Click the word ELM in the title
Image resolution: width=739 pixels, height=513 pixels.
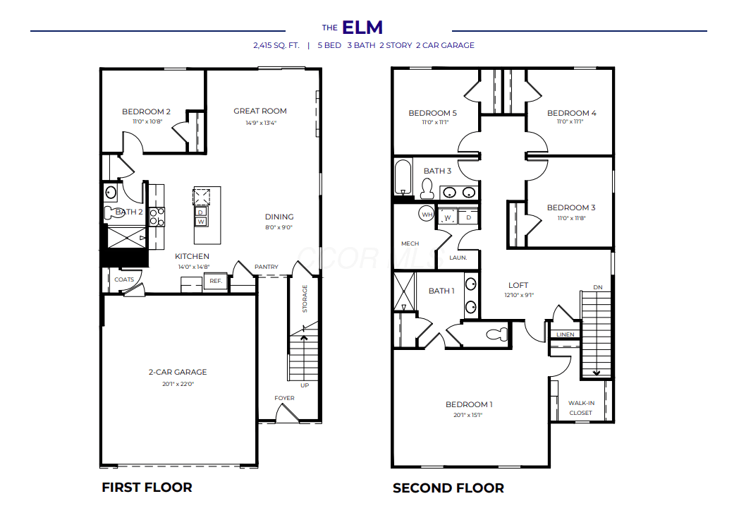coord(362,28)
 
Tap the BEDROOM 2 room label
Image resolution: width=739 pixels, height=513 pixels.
coord(146,111)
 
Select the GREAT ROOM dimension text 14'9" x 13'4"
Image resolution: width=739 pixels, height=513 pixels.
coord(261,123)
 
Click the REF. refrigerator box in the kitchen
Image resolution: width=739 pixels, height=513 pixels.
coord(215,281)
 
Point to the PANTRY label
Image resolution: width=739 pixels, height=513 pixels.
coord(267,267)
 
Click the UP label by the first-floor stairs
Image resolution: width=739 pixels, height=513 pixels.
coord(305,385)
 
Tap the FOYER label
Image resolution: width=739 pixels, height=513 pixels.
coord(284,398)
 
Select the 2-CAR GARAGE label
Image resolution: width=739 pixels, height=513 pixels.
coord(178,372)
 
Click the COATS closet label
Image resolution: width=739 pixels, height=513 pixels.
coord(124,279)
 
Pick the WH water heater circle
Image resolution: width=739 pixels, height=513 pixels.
coord(427,214)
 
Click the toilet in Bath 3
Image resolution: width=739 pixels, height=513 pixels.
coord(427,188)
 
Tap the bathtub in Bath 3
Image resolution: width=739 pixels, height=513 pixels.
coord(403,177)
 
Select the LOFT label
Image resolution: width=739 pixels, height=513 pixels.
coord(518,285)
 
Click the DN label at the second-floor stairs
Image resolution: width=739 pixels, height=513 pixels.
coord(597,287)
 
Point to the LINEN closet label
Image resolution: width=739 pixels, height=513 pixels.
coord(565,334)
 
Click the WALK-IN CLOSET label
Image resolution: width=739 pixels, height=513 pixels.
coord(580,408)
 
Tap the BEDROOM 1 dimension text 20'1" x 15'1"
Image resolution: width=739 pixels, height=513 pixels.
coord(468,416)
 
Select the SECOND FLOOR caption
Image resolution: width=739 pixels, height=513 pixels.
coord(448,488)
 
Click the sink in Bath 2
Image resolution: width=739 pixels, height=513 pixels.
coord(111,193)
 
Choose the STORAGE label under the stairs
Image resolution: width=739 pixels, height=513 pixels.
coord(305,298)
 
